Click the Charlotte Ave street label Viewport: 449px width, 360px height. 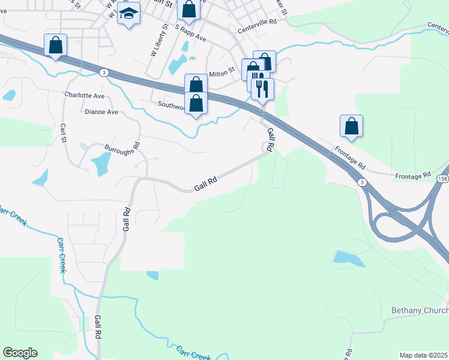pos(84,95)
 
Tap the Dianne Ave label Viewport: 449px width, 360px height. pos(101,112)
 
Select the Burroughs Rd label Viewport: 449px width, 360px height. pos(122,145)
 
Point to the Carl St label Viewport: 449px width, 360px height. pos(62,133)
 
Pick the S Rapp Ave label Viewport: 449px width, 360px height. pos(191,32)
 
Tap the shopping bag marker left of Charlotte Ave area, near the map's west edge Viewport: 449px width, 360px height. pos(56,45)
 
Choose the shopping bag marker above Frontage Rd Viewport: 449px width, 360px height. pos(351,126)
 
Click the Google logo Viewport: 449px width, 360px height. pos(20,353)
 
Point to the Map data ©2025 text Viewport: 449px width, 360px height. pos(424,355)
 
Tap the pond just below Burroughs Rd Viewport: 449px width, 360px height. pos(101,163)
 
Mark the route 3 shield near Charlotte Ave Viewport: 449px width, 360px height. pos(104,72)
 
